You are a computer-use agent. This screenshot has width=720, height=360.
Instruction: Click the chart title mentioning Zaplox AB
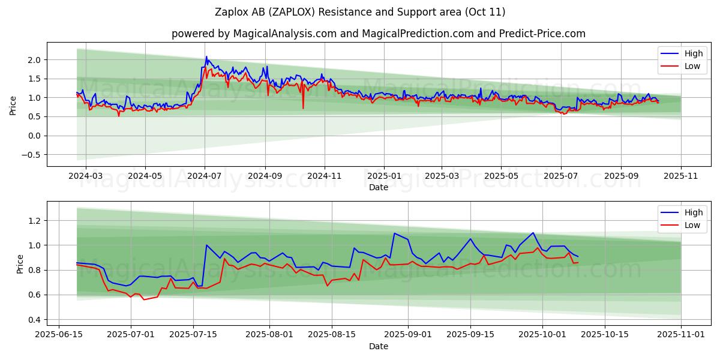click(360, 12)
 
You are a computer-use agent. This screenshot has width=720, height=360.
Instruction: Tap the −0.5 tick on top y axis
click(32, 155)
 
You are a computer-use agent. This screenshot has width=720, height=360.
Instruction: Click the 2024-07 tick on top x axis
click(205, 176)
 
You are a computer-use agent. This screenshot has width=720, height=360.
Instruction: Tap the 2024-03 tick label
click(86, 176)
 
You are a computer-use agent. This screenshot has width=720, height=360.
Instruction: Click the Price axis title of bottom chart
click(20, 264)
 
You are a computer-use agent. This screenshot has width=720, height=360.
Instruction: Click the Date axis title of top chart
click(378, 187)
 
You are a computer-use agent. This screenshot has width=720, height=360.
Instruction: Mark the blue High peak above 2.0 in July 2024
click(206, 57)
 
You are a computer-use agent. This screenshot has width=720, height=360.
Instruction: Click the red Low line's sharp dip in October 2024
click(303, 108)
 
